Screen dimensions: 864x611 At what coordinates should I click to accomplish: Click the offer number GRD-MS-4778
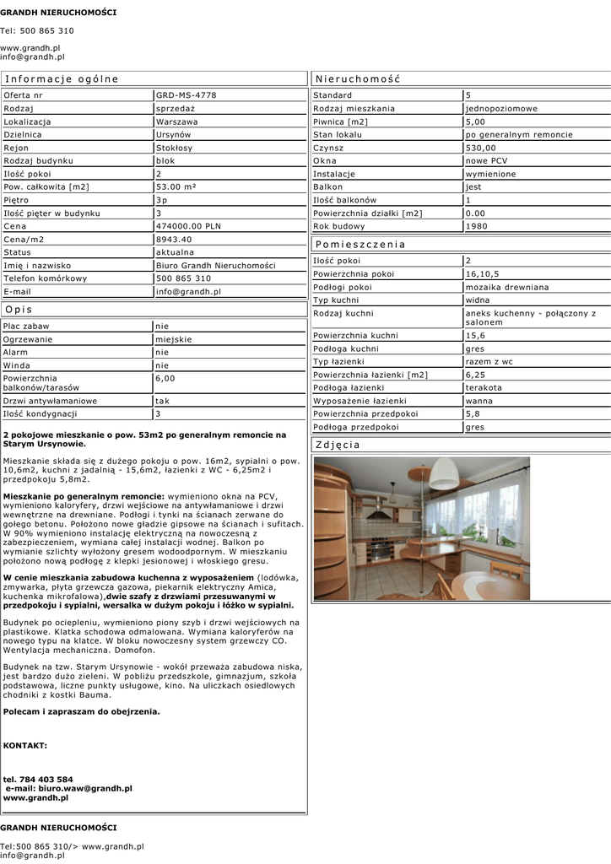tap(187, 95)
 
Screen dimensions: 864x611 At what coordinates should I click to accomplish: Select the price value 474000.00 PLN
tap(188, 226)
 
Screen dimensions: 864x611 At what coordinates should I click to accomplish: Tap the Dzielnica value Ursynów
tap(174, 134)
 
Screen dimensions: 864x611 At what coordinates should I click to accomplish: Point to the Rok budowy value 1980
tap(476, 226)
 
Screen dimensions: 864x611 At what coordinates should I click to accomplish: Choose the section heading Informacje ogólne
tap(62, 78)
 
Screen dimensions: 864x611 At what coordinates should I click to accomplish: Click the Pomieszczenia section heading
tap(360, 244)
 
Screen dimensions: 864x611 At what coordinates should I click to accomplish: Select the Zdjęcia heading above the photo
tap(338, 445)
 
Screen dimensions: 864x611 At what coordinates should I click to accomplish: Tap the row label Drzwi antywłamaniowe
tap(50, 401)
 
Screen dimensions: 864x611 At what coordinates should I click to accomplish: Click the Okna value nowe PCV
tap(487, 160)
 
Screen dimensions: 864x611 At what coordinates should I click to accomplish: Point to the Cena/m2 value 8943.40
tap(175, 239)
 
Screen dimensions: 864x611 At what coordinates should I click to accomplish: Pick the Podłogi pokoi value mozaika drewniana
tap(506, 287)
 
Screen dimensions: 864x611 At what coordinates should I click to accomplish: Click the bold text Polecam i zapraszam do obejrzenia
tap(82, 711)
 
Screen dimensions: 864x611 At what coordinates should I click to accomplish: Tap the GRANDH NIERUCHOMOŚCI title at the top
tap(58, 13)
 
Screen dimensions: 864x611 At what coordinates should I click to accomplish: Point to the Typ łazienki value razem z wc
tap(489, 361)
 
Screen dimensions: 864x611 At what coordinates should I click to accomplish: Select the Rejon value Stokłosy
tap(174, 148)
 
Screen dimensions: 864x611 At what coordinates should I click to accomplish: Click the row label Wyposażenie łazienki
tap(360, 401)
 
